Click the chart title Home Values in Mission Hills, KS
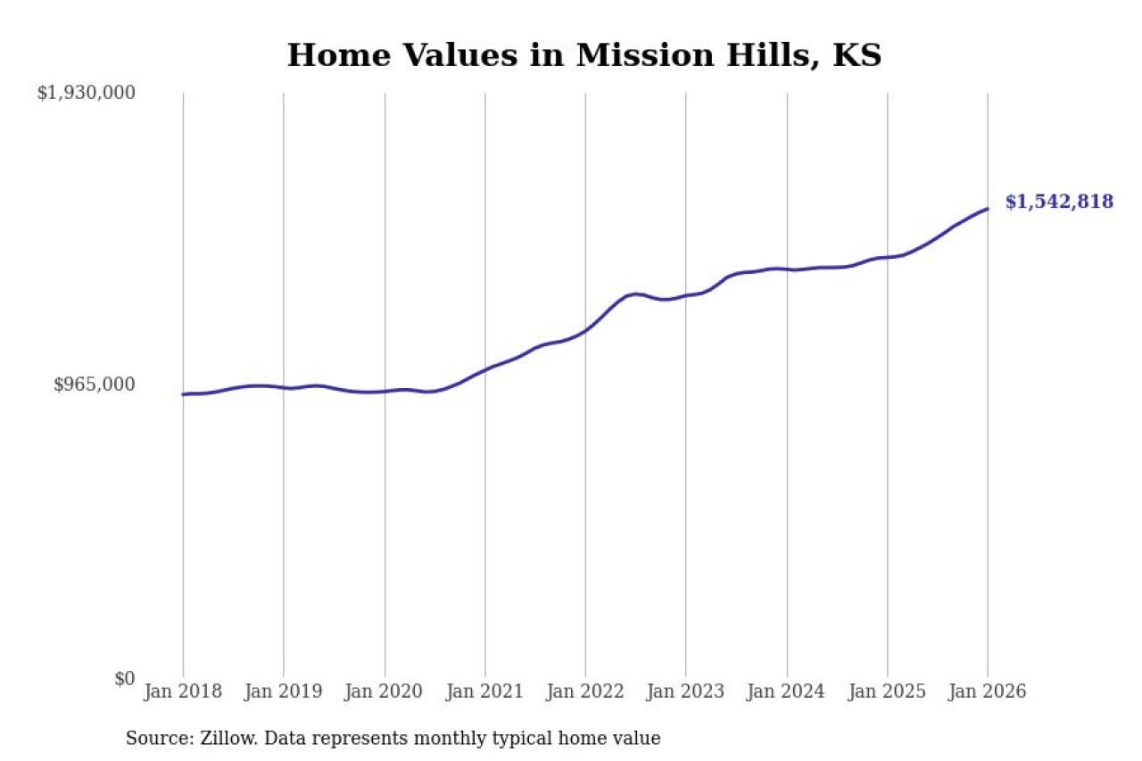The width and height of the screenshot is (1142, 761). click(x=583, y=55)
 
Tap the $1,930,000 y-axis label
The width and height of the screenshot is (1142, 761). click(x=86, y=93)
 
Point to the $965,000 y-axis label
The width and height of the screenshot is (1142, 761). click(x=95, y=385)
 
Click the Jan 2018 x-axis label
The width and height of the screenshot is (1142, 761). click(x=182, y=691)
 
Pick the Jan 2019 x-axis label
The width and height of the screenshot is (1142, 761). click(x=283, y=691)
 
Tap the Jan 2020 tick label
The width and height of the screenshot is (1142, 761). click(x=384, y=691)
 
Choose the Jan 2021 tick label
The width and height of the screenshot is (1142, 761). click(x=484, y=691)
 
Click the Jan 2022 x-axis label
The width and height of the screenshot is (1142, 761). click(x=585, y=691)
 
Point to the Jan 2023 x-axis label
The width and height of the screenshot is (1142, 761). click(x=685, y=691)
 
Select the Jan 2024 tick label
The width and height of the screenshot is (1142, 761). click(x=786, y=691)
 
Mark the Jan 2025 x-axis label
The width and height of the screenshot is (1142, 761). click(x=887, y=691)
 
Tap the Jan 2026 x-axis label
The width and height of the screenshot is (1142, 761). click(x=987, y=691)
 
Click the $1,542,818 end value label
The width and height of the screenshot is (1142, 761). click(x=1059, y=202)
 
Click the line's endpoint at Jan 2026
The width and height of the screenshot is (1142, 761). click(x=988, y=209)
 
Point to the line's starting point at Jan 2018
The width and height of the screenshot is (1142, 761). click(x=183, y=394)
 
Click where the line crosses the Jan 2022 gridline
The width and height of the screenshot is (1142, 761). click(x=585, y=330)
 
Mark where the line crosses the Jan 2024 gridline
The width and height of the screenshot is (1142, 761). click(x=787, y=269)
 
